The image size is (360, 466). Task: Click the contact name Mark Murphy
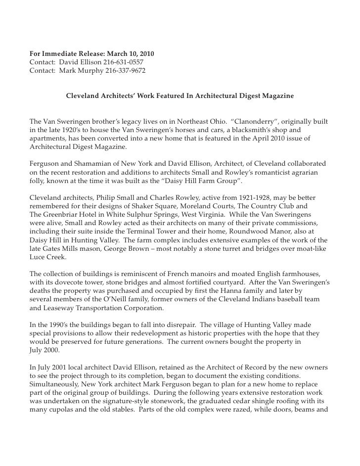81,71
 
